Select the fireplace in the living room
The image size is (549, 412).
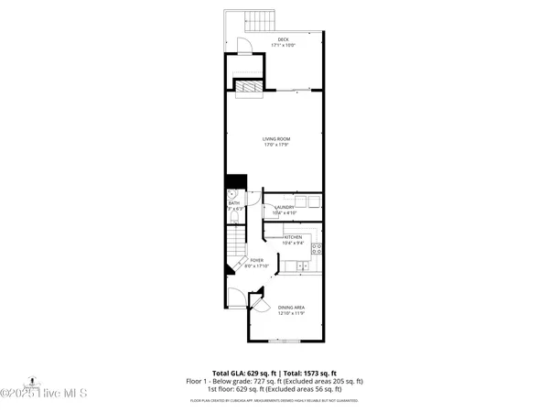click(x=247, y=85)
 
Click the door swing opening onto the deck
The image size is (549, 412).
click(x=242, y=46)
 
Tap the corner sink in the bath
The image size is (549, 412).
click(x=231, y=195)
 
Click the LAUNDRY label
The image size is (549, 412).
click(x=285, y=207)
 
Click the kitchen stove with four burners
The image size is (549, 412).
click(x=317, y=246)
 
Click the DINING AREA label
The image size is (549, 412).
click(x=291, y=307)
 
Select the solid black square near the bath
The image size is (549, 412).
click(x=237, y=182)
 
